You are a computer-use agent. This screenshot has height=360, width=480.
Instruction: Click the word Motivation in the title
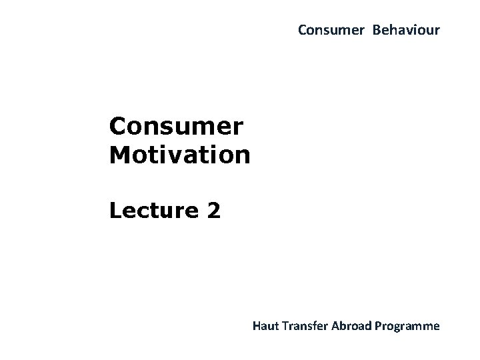tap(180, 155)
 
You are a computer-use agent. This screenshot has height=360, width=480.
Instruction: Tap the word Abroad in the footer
tap(351, 326)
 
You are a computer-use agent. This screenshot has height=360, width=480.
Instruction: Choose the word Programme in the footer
tap(407, 326)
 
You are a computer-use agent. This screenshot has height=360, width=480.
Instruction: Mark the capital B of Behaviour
tap(377, 30)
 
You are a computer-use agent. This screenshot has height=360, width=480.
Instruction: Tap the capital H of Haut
tap(257, 326)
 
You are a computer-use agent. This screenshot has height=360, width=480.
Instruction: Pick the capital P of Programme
tap(378, 326)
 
